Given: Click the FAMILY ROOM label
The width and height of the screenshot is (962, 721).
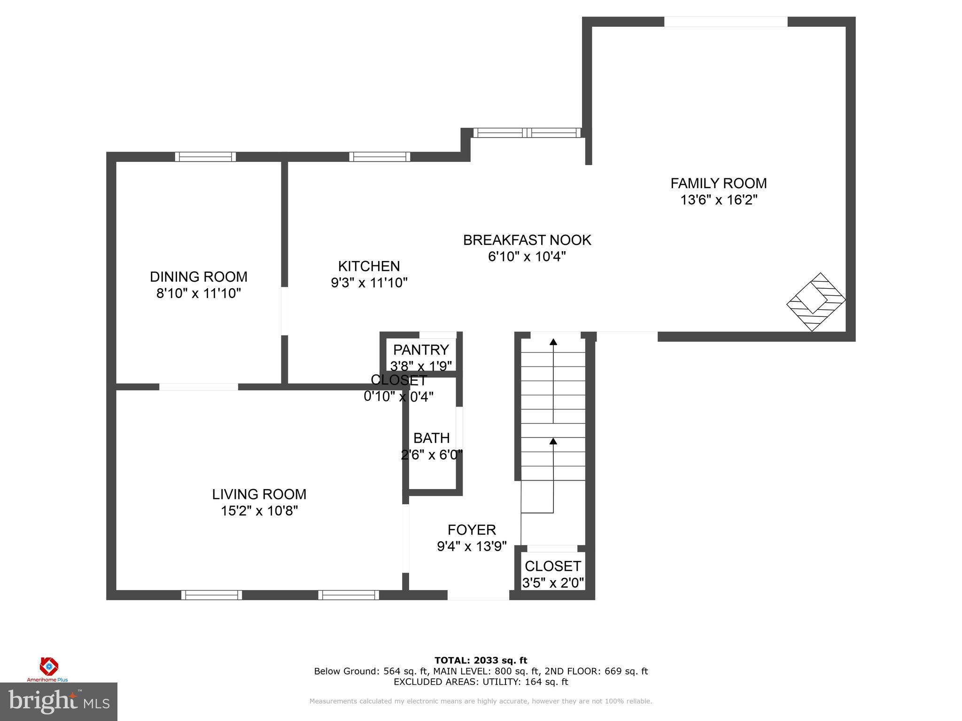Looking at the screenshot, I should click(x=718, y=183).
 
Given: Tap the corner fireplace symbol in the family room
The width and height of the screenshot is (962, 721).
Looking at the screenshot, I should click(x=816, y=302).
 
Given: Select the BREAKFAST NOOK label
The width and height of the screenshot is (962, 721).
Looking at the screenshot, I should click(x=527, y=240).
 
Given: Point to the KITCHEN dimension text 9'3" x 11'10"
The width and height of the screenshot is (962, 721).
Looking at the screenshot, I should click(x=369, y=283).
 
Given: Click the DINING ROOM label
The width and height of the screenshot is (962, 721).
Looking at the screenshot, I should click(x=198, y=276).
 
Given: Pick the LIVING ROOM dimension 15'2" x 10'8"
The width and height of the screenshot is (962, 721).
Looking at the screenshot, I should click(x=259, y=511).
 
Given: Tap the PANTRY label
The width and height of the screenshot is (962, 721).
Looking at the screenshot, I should click(x=421, y=350).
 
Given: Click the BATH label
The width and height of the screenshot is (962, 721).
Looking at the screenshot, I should click(x=431, y=438).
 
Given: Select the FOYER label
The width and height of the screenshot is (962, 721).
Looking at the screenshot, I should click(x=472, y=529).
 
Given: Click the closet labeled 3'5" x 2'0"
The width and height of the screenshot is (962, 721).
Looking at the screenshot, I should click(x=553, y=574).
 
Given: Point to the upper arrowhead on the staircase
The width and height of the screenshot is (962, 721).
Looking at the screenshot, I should click(x=553, y=342).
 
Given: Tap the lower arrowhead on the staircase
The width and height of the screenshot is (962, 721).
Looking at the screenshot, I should click(x=553, y=441).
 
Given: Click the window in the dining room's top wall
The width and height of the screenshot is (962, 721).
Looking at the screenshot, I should click(x=205, y=157).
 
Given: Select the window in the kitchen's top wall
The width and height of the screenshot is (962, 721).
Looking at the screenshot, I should click(x=380, y=157).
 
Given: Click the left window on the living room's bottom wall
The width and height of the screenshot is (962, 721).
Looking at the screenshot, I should click(x=211, y=595).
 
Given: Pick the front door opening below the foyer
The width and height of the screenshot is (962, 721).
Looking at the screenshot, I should click(x=478, y=595).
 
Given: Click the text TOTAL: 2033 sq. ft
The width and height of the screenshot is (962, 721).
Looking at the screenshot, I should click(x=481, y=660).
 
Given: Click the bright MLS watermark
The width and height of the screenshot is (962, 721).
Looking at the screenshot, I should click(x=58, y=702).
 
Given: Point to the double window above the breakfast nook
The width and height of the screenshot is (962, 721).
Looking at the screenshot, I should click(x=527, y=133).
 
